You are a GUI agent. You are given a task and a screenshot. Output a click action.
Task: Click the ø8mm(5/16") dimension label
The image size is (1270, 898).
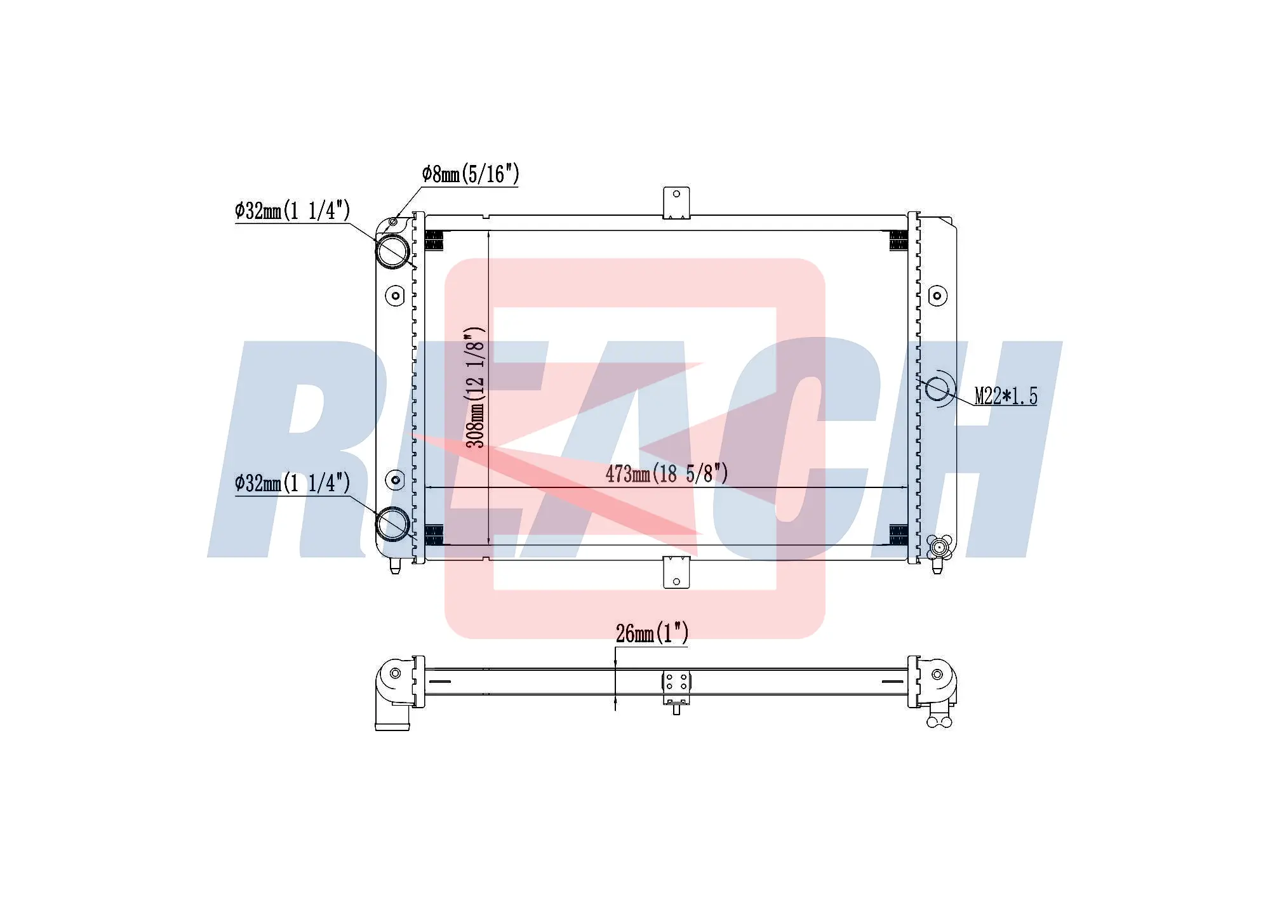(x=471, y=173)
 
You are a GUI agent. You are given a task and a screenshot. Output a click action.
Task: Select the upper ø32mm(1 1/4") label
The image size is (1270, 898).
(x=292, y=210)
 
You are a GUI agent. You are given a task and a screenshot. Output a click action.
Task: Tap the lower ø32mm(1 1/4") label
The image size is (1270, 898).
(x=292, y=483)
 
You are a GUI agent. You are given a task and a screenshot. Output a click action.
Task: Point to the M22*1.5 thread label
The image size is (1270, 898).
(x=1006, y=396)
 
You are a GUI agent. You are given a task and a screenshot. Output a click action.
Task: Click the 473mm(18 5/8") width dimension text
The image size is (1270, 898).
(x=666, y=473)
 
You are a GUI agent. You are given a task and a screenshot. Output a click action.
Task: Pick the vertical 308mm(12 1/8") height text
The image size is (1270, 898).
(x=476, y=388)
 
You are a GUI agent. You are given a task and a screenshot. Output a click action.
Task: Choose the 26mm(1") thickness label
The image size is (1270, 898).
(x=652, y=633)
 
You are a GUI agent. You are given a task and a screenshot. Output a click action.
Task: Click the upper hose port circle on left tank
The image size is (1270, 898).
(x=393, y=251)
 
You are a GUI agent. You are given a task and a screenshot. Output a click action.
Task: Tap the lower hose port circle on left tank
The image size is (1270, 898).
(x=393, y=524)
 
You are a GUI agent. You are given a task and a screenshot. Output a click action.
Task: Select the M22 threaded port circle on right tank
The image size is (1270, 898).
(x=937, y=388)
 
